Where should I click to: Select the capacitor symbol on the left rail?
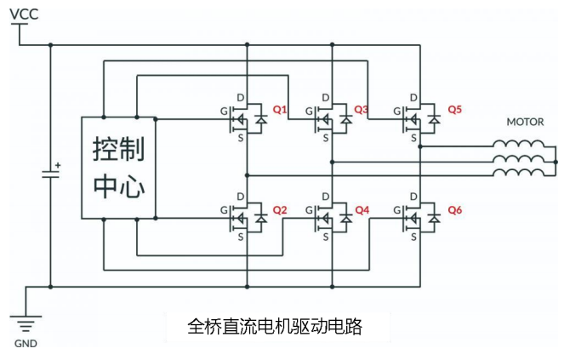click(50, 174)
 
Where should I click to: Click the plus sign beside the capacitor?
click(58, 164)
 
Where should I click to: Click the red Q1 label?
click(280, 110)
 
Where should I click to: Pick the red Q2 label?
click(280, 209)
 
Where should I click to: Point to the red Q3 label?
click(362, 110)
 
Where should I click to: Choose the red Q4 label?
click(362, 209)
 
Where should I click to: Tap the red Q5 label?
click(454, 110)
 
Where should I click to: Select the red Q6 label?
click(454, 209)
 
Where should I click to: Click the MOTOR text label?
click(525, 122)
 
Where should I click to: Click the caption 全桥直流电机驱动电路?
click(274, 326)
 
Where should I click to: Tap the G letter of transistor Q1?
click(223, 111)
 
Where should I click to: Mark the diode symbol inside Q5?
click(434, 121)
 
